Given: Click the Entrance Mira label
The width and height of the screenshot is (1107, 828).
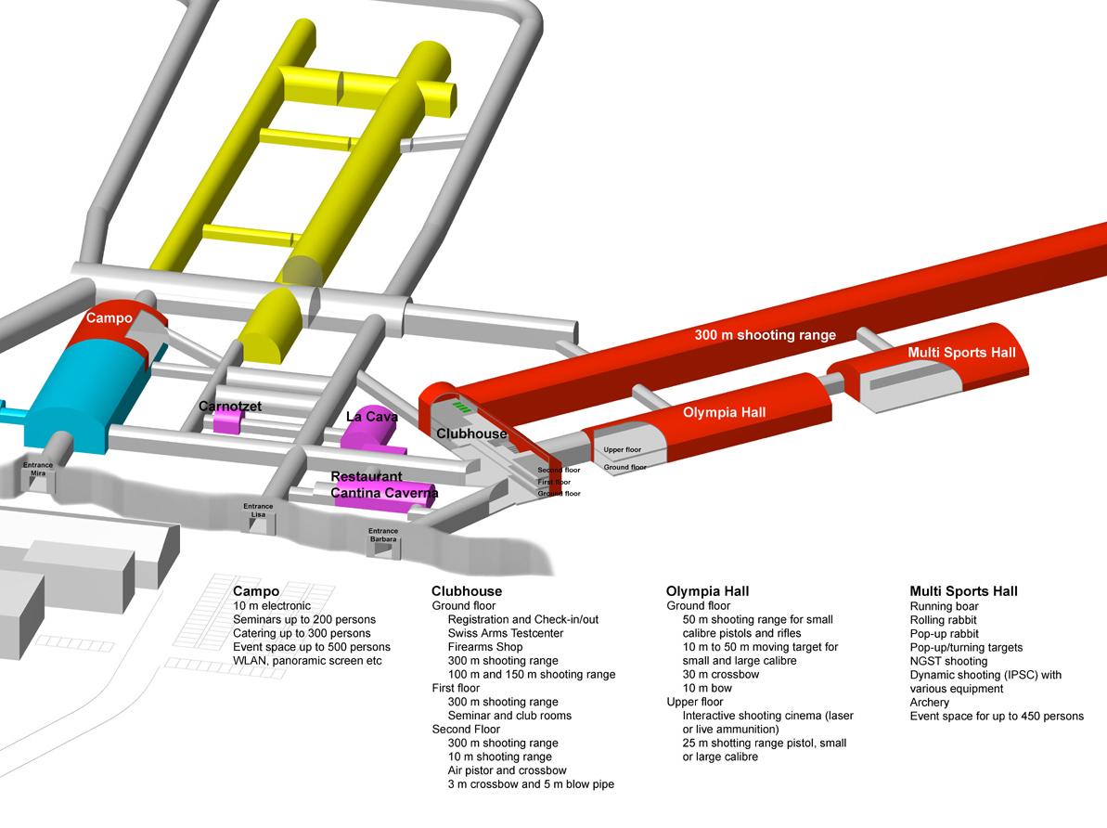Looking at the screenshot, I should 38,468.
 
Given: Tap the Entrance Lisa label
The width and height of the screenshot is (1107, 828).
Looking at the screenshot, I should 258,510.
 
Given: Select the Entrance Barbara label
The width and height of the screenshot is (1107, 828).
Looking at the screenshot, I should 382,535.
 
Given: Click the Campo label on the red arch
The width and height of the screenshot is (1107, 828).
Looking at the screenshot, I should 109,317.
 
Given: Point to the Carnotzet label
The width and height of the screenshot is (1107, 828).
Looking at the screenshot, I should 230,407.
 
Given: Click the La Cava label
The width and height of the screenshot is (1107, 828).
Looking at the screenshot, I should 371,417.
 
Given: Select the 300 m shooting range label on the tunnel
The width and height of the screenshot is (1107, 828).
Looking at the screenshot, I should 765,335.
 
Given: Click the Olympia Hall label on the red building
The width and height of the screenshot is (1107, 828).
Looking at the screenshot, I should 724,412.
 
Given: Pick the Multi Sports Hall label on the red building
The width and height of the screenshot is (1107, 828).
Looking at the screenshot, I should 961,353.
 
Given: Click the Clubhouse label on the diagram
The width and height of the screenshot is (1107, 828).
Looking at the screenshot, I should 471,433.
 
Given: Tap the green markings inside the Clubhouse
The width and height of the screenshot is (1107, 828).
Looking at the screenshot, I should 461,407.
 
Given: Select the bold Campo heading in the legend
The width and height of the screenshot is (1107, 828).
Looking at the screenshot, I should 256,591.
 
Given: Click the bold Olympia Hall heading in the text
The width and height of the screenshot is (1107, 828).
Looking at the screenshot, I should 707,591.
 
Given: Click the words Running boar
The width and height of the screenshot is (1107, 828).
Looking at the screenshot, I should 944,606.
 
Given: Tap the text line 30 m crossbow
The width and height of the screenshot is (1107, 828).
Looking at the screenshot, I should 721,675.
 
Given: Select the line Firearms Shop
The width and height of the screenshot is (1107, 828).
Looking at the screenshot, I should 485,647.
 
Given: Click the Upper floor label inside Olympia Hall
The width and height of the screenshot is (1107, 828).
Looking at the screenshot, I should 623,450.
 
